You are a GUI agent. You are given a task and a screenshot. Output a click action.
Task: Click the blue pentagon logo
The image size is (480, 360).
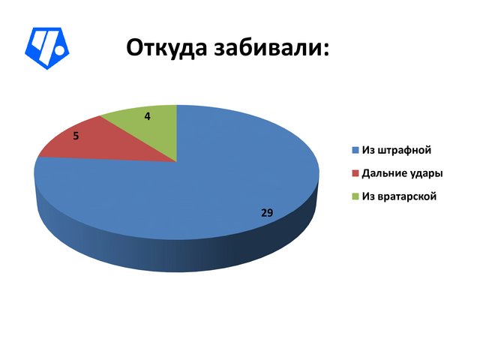(x=46, y=48)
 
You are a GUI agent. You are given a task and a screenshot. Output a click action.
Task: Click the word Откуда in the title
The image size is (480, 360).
(x=166, y=48)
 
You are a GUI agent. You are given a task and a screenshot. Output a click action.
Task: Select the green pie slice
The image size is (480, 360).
(x=150, y=128)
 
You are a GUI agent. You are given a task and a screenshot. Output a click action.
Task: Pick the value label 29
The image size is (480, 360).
(x=267, y=212)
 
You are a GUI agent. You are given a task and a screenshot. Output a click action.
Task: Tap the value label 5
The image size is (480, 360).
(x=76, y=136)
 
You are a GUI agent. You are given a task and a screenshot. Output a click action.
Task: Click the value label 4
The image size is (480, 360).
(x=148, y=117)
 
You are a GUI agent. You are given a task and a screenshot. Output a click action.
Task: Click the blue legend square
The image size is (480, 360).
(x=355, y=150)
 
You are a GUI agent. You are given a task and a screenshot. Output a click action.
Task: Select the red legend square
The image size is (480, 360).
(x=355, y=173)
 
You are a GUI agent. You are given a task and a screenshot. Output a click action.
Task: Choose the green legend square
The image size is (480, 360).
(x=355, y=196)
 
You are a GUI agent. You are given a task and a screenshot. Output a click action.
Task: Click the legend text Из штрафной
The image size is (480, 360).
(x=397, y=150)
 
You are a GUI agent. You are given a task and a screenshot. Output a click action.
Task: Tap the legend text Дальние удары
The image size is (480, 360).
(x=402, y=173)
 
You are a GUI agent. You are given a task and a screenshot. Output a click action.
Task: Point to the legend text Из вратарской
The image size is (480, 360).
(x=399, y=196)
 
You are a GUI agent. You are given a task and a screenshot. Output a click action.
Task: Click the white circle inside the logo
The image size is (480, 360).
(x=59, y=50)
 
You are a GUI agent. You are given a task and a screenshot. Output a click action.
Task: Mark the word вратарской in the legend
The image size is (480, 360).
(x=407, y=196)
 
